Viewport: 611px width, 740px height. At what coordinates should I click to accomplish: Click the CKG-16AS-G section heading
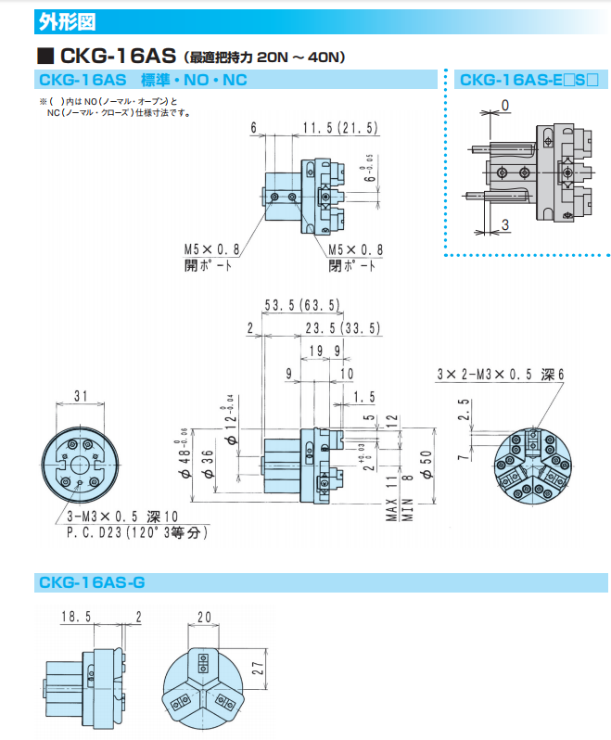(92, 582)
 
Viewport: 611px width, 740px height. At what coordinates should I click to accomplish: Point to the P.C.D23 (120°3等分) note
(136, 533)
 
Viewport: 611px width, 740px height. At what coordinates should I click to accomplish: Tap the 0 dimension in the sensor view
(505, 104)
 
